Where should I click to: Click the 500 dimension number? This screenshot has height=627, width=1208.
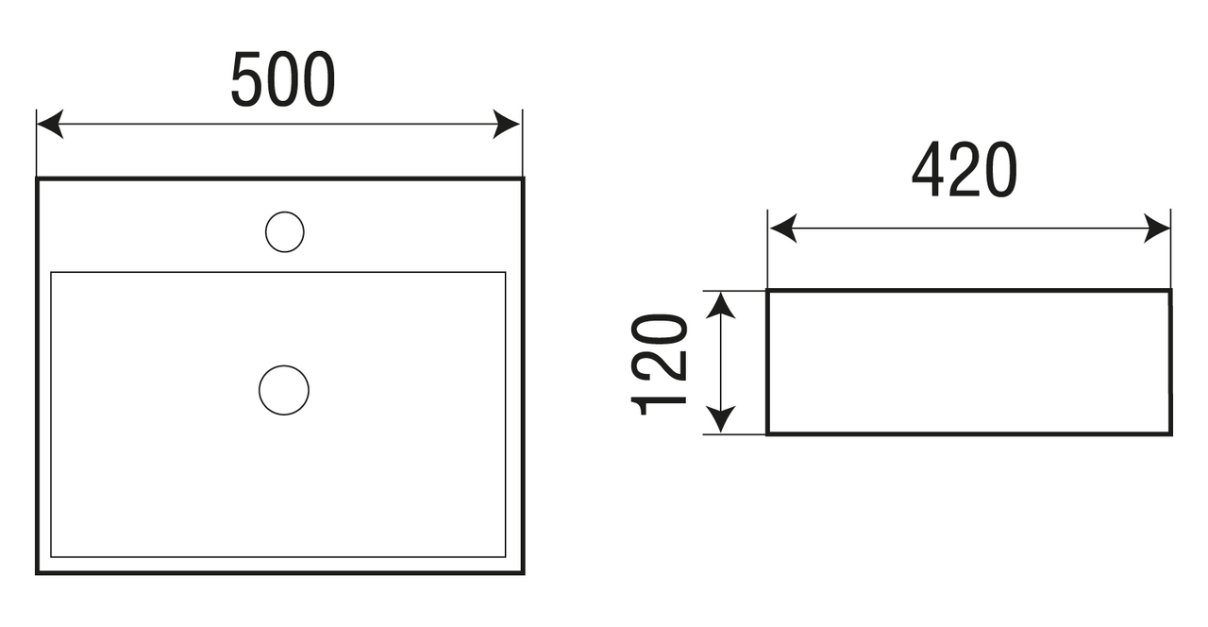[x=283, y=80]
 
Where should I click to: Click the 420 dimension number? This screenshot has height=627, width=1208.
[x=965, y=171]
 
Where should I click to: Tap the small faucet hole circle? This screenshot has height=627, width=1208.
[x=284, y=232]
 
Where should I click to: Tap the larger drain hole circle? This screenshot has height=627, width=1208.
[x=284, y=390]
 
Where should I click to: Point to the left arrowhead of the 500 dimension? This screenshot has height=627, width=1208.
[x=48, y=124]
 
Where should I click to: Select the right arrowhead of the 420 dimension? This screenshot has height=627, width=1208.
[x=1158, y=229]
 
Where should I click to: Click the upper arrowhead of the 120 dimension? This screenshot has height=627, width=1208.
[x=721, y=304]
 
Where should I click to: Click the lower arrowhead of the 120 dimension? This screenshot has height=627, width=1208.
[x=721, y=421]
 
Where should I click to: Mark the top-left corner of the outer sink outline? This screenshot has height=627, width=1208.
[x=38, y=178]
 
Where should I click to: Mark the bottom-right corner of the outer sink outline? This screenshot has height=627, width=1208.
[x=523, y=572]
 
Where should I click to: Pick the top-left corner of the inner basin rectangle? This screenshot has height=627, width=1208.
[x=51, y=273]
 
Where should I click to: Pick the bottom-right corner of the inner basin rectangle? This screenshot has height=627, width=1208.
[x=505, y=556]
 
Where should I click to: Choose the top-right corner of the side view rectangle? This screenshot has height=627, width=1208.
[x=1170, y=291]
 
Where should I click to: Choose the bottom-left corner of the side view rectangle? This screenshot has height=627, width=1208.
[x=767, y=434]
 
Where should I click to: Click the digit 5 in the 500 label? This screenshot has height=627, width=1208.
[x=247, y=80]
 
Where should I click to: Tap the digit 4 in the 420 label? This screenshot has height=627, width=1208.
[x=930, y=171]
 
